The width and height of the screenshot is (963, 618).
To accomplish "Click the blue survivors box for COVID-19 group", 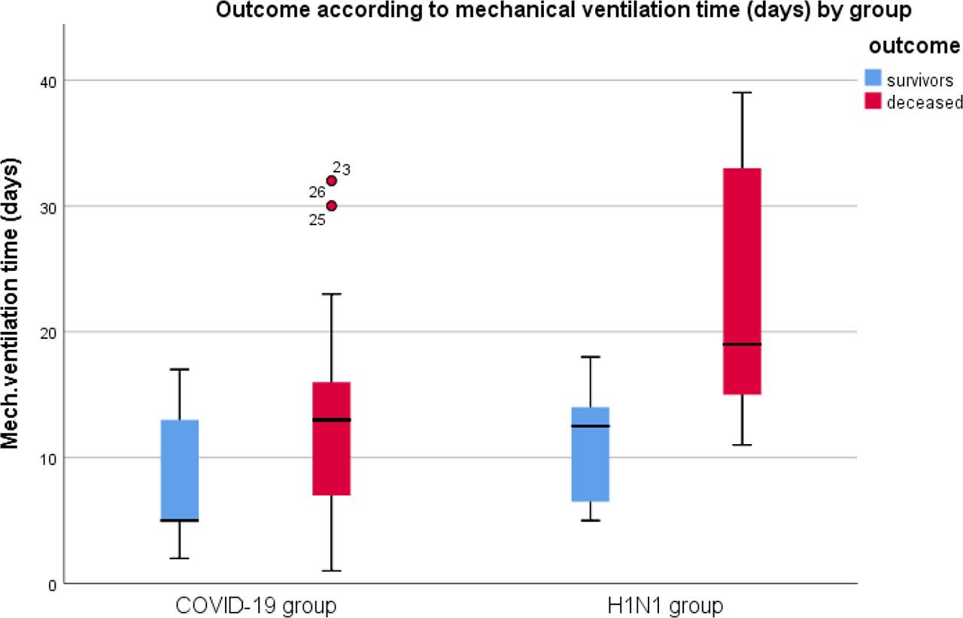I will coord(180,470).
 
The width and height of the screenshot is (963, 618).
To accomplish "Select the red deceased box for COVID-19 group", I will coord(331,438).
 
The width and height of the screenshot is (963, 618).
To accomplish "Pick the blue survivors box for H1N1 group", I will coord(591,454).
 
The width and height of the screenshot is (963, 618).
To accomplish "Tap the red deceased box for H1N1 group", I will coord(742,281).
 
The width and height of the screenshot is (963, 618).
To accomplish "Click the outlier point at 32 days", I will coord(331,181).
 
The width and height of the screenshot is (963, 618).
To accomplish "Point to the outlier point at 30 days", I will coord(331,205).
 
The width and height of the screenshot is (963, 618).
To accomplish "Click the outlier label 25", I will coord(317,219).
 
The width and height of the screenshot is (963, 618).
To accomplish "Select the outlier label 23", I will coord(342,169).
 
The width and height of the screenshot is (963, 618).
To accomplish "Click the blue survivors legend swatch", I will coord(873,79).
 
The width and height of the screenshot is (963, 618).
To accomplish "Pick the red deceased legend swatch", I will coord(873,102).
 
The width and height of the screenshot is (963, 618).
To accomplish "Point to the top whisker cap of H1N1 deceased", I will coord(742,93).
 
